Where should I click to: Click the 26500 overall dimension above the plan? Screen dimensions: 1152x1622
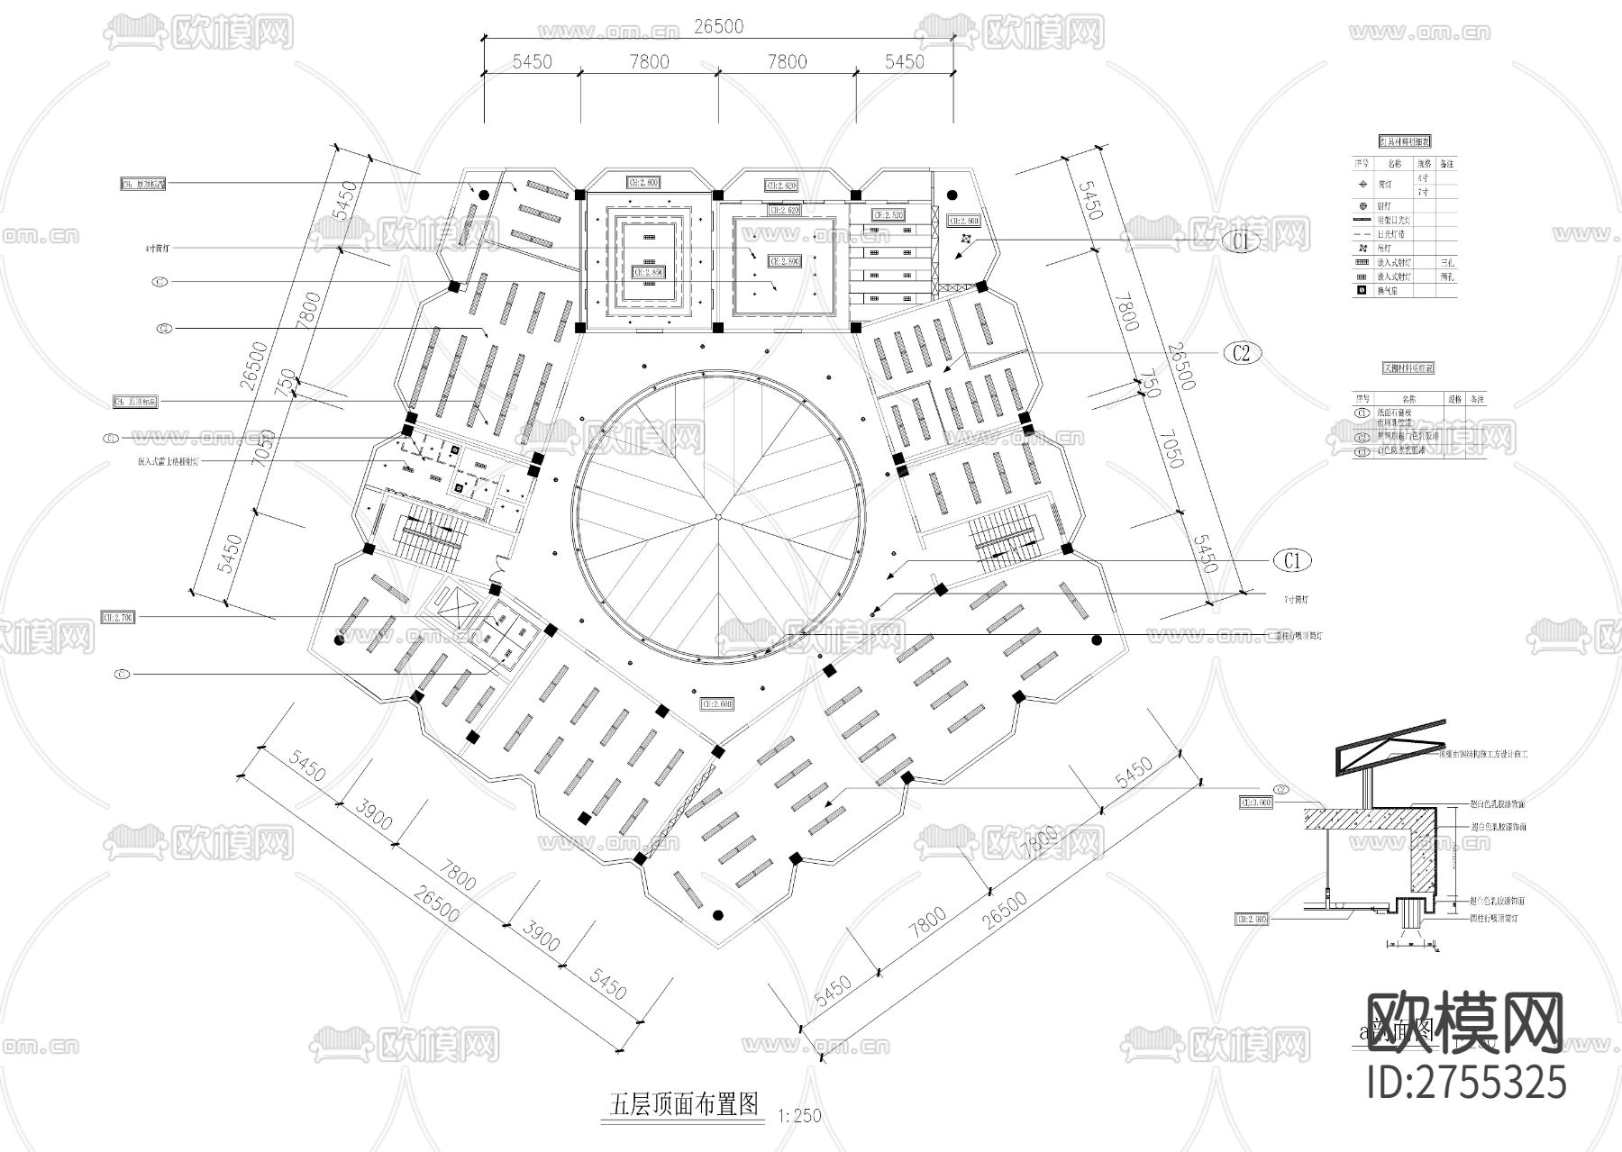718,26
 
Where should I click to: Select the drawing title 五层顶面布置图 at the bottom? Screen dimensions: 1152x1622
685,1104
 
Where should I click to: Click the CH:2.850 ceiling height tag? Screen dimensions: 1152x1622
648,271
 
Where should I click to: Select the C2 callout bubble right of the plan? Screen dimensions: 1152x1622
1242,352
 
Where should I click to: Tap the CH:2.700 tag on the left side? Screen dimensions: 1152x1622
118,618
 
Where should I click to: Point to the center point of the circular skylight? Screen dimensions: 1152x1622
718,517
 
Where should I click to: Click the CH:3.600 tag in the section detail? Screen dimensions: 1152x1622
1255,802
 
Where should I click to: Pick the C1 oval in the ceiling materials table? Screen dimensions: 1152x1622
1362,413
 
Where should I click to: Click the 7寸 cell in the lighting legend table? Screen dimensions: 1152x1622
1423,192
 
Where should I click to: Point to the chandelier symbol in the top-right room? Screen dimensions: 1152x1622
966,240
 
